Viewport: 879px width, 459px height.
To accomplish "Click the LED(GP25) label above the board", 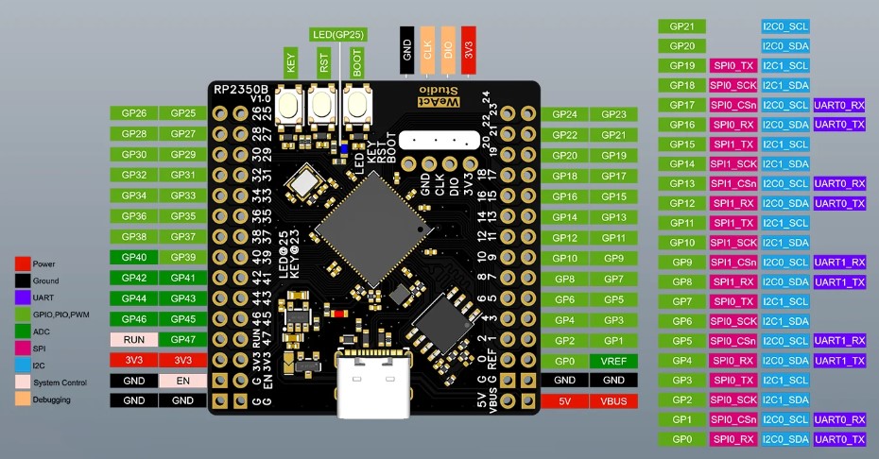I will coord(337,35).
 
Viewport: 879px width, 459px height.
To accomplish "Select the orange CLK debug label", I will coord(427,52).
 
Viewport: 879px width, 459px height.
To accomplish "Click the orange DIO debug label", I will coord(448,52).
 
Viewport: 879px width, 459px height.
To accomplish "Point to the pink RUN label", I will coord(133,339).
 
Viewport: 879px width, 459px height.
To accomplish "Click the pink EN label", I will coord(182,380).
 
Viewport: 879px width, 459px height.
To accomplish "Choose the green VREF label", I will coord(613,360).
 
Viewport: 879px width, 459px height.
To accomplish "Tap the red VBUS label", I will coord(613,400).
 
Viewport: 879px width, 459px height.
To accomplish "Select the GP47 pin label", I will coord(182,339).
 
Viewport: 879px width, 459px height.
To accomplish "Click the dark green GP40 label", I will coord(133,257).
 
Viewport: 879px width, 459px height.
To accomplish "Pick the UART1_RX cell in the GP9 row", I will coord(839,262).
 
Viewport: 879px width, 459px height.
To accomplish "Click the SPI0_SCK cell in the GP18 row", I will coord(733,85).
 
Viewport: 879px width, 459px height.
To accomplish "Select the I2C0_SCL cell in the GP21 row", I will coord(784,25).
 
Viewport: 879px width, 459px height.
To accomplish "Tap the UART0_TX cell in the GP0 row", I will coord(839,439).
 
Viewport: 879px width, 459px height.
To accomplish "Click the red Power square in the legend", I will coord(22,263).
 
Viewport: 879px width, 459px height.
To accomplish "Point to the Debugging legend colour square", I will coord(22,399).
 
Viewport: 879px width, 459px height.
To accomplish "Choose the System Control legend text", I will coord(60,382).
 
